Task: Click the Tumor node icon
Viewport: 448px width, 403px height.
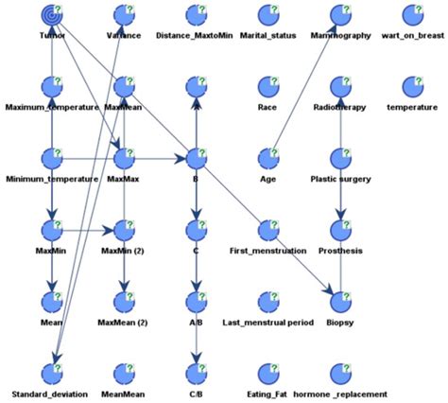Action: tap(53, 15)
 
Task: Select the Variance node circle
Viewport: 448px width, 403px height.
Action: tap(124, 15)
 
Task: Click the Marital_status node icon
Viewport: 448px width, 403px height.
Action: tap(267, 15)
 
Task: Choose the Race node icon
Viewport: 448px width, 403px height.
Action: tap(267, 87)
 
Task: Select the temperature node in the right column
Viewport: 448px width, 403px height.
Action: tap(411, 87)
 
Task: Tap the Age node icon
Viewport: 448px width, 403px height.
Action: tap(267, 158)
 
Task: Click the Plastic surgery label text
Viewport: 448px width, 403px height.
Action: tap(340, 179)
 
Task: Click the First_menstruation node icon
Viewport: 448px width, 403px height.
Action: tap(267, 230)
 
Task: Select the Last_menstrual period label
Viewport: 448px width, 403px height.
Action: tap(267, 322)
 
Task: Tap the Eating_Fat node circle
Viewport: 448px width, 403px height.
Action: tap(267, 372)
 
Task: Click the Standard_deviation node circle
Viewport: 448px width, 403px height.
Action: tap(53, 372)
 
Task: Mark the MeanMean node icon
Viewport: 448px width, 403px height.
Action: tap(124, 372)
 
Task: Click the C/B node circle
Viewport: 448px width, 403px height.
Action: tap(195, 372)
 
